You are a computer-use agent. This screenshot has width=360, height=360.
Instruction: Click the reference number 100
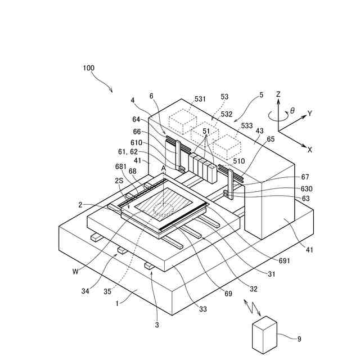(x=88, y=68)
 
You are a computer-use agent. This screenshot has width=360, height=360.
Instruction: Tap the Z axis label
(x=278, y=94)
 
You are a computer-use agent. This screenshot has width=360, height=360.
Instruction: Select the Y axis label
(x=309, y=114)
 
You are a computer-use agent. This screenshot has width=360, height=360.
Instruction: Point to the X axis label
(x=310, y=150)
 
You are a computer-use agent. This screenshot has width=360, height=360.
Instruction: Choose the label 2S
(x=119, y=181)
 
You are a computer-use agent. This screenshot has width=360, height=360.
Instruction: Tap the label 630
(x=322, y=189)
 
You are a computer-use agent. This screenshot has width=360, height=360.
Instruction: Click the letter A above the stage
(x=163, y=168)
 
